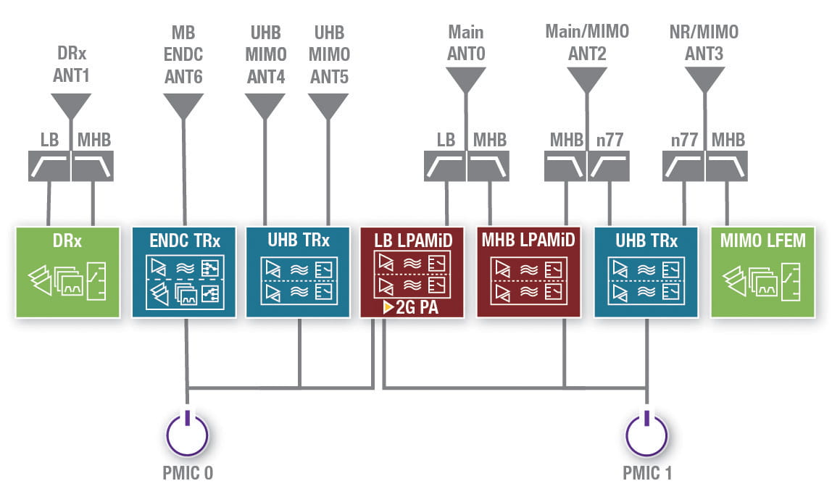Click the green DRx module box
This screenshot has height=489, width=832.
point(67,272)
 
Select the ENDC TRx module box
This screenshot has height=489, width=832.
point(184,272)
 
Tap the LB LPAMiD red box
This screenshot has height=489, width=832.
point(412,272)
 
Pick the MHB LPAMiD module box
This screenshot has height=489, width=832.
point(528,272)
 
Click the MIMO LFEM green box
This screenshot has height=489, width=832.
point(763,272)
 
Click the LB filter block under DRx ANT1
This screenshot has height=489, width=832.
point(49,166)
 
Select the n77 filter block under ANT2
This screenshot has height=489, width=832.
point(607,166)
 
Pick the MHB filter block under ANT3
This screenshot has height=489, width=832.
point(727,166)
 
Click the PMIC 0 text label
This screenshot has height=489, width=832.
point(188,474)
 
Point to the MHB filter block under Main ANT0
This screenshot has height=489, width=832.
point(488,166)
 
